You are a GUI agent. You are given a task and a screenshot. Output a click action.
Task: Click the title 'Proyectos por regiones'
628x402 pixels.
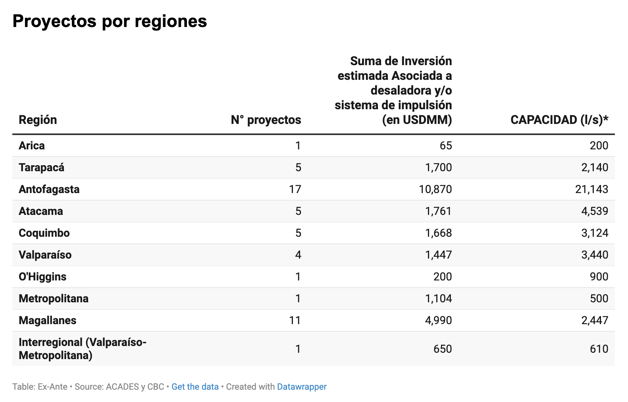coord(110,21)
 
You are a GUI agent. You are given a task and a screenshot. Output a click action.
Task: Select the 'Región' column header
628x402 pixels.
coord(38,120)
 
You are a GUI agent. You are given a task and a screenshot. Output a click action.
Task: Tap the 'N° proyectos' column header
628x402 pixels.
coord(266,120)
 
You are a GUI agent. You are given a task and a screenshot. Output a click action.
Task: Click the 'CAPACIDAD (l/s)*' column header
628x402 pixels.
coord(559,120)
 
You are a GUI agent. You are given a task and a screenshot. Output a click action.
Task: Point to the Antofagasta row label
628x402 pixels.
coord(49,189)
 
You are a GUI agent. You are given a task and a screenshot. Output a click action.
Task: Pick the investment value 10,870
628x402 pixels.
coord(435,189)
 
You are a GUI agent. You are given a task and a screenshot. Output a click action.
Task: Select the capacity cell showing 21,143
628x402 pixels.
coord(591,189)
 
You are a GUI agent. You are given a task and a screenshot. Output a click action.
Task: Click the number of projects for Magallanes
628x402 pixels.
coord(295,321)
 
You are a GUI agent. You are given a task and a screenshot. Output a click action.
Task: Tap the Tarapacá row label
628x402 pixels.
coord(41,168)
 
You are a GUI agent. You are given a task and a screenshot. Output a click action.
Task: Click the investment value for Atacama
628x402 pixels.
coord(438,211)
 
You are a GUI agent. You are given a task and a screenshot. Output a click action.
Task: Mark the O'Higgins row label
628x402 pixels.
coord(42,277)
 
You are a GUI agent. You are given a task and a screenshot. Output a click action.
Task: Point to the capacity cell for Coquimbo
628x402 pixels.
coord(595,233)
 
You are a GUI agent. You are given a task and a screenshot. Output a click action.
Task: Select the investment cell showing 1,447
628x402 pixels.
coord(438,255)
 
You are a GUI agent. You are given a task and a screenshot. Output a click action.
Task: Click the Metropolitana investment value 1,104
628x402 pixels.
coord(438,299)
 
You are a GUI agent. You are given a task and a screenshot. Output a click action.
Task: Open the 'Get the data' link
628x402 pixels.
coord(195,387)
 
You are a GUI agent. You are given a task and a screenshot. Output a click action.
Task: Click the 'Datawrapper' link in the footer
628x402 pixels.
coord(302,387)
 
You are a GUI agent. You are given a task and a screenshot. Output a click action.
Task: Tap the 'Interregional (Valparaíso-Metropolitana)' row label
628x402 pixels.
coord(82,349)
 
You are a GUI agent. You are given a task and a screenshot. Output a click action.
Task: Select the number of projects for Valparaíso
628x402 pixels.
coord(298,255)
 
